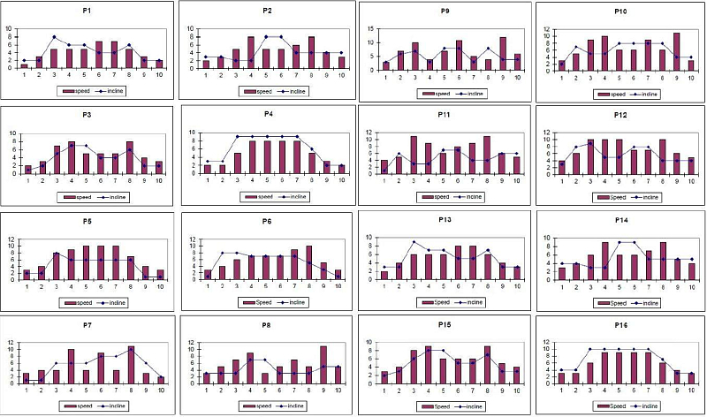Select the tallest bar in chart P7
pyautogui.click(x=131, y=364)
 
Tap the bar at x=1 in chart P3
pyautogui.click(x=27, y=169)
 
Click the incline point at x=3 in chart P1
pyautogui.click(x=54, y=37)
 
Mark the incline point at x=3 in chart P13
pyautogui.click(x=413, y=242)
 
